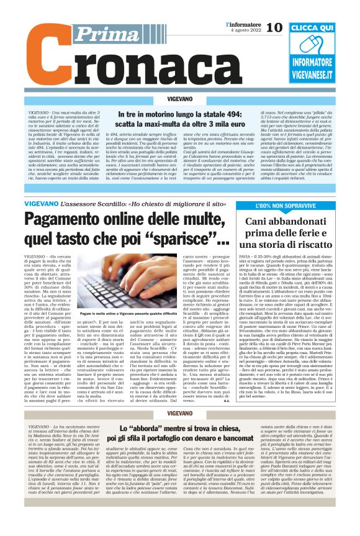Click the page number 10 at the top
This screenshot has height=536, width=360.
click(274, 27)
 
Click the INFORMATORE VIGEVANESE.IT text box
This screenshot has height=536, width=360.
click(321, 70)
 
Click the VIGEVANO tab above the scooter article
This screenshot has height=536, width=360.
click(180, 99)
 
